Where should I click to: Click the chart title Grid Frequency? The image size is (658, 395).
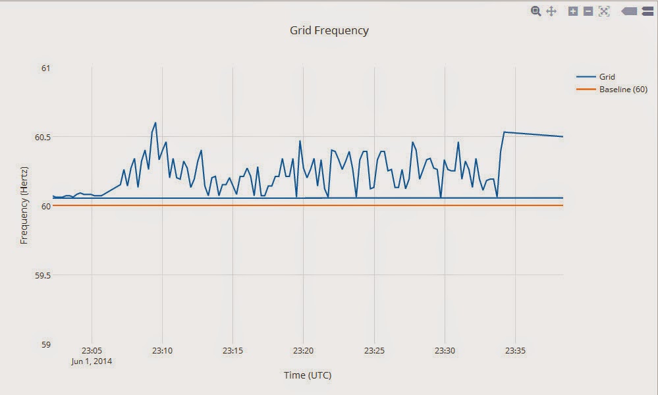pos(329,30)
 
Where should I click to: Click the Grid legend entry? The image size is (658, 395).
pos(607,77)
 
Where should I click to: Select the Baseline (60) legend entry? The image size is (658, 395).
pos(623,90)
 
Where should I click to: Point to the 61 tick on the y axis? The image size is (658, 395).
pos(45,68)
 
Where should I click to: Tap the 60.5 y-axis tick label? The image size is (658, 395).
pos(42,137)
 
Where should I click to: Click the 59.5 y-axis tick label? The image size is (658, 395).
pos(42,275)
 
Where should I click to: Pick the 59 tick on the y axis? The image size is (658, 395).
pos(45,344)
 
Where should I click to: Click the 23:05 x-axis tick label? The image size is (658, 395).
pos(92,351)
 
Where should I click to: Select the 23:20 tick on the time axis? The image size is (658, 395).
pos(303,351)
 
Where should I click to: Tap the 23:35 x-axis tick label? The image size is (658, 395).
pos(514,351)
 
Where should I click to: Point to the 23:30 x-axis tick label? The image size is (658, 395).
pos(445,351)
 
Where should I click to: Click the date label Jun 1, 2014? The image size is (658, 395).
pos(92,361)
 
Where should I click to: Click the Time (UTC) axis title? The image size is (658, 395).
pos(308,375)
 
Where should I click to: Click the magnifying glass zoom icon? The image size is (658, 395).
pos(536,11)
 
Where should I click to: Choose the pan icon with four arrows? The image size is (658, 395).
pos(552,11)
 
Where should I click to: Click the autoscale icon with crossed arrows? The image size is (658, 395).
pos(604,11)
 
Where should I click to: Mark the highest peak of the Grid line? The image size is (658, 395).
pos(155,122)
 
